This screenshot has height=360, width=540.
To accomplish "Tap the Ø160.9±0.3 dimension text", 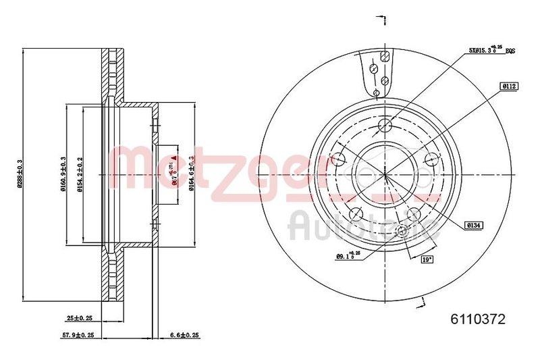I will pos(63,174).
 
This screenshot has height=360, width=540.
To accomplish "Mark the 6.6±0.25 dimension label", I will pos(185,334).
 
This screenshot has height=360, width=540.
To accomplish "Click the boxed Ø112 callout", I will pos(508,86).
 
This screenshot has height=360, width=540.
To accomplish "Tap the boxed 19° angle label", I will pos(427,259).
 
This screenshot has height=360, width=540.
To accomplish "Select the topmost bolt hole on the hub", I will pos(385,124).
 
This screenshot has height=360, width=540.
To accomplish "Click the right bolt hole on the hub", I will pos(432,159).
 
